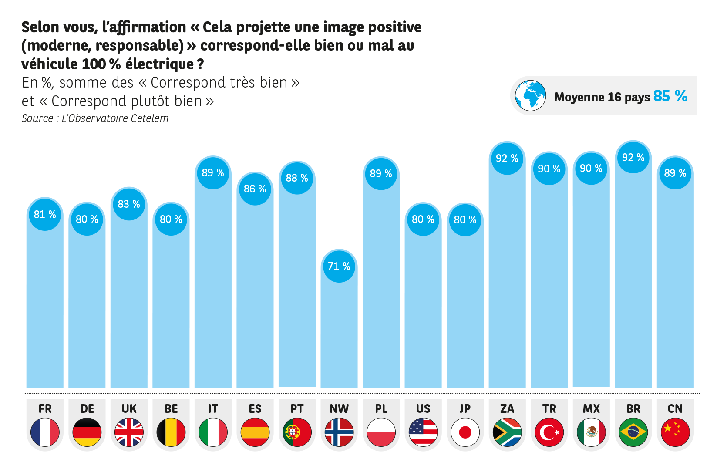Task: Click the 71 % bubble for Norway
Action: click(x=339, y=267)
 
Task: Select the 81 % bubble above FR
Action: click(x=45, y=215)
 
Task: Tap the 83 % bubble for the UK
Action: click(x=129, y=204)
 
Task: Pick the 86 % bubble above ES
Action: click(x=255, y=189)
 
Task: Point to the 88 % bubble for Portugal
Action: click(x=297, y=178)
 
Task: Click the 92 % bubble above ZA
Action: click(x=507, y=159)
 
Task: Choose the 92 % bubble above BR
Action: click(x=633, y=158)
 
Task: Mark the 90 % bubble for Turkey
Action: click(x=549, y=169)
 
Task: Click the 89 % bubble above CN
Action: click(x=675, y=173)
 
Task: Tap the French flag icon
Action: click(x=45, y=432)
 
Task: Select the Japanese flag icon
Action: click(x=465, y=432)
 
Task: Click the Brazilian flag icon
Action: click(x=633, y=432)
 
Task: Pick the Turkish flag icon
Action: click(x=549, y=432)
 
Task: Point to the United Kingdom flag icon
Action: click(x=129, y=432)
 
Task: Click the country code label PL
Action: click(x=381, y=409)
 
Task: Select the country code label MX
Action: click(x=591, y=409)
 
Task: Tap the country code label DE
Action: click(x=87, y=409)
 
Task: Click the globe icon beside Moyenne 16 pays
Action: click(x=530, y=96)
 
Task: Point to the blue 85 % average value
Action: click(x=670, y=96)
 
